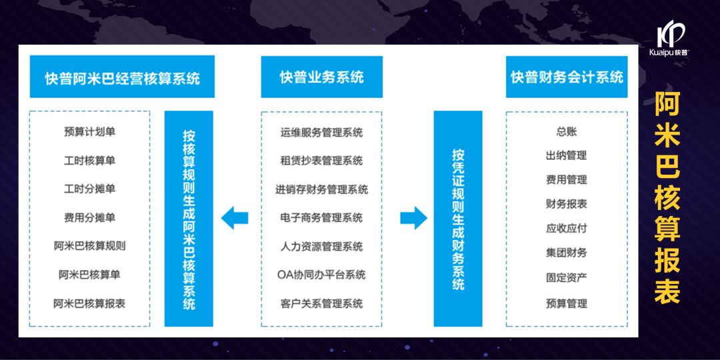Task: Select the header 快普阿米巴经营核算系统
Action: pyautogui.click(x=113, y=77)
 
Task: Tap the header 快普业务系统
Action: pyautogui.click(x=321, y=77)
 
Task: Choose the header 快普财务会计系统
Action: pyautogui.click(x=567, y=77)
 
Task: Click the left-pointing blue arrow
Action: pyautogui.click(x=235, y=217)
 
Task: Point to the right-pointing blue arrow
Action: pyautogui.click(x=413, y=217)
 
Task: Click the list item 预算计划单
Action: pyautogui.click(x=89, y=132)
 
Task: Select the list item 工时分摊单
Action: pyautogui.click(x=89, y=189)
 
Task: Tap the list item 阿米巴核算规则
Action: pyautogui.click(x=89, y=245)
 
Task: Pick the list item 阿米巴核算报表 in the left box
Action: pyautogui.click(x=89, y=303)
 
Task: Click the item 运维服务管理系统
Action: pyautogui.click(x=321, y=132)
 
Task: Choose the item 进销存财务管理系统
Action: pyautogui.click(x=321, y=189)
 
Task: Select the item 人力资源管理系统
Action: pyautogui.click(x=321, y=246)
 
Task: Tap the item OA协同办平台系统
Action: pyautogui.click(x=321, y=275)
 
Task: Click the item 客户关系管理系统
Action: pyautogui.click(x=321, y=303)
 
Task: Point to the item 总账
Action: pyautogui.click(x=566, y=131)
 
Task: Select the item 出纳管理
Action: pyautogui.click(x=566, y=155)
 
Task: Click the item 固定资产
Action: pyautogui.click(x=566, y=277)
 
